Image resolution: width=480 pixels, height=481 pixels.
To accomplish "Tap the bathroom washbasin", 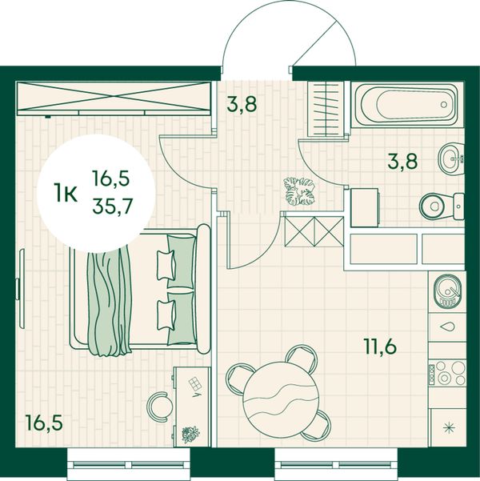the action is point(451,159).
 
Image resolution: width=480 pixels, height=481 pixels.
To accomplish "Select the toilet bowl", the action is point(442,206).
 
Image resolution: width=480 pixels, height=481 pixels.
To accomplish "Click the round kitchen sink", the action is point(447,291).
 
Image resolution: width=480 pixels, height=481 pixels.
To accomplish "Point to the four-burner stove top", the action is point(447,373).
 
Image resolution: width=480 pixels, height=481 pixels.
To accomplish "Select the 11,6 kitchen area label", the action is point(380,347).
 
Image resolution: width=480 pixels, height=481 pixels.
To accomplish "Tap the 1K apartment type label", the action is point(66,193).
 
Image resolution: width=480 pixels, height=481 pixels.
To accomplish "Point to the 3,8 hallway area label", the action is point(242,104).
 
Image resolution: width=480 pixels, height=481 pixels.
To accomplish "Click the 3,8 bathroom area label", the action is point(402,161).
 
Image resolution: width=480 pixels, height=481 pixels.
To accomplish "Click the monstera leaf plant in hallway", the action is point(299,190).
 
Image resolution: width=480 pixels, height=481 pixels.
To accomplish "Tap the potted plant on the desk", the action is point(190,435).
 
